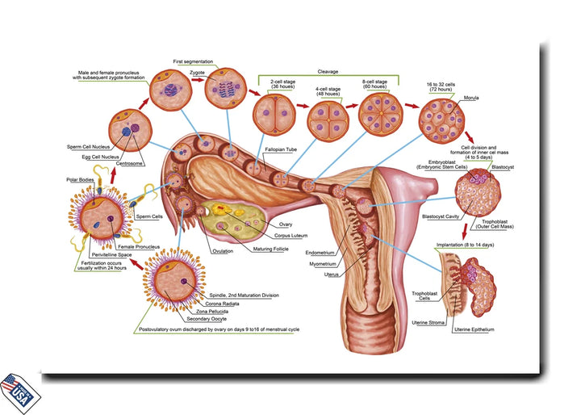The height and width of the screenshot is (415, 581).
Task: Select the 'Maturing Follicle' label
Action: [x=274, y=249]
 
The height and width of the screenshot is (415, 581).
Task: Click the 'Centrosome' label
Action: [x=130, y=163]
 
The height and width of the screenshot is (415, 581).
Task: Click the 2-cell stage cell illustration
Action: [x=271, y=115]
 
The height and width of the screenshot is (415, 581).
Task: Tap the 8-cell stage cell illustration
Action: [x=379, y=112]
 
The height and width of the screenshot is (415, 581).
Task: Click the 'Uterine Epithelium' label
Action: [x=474, y=330]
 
